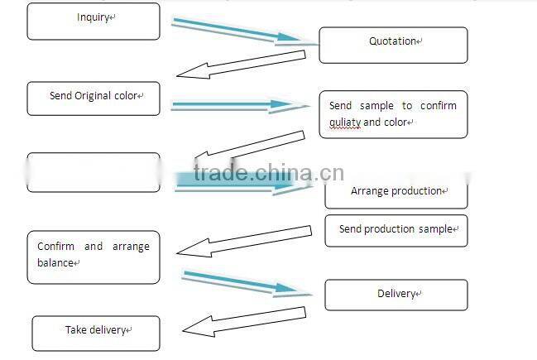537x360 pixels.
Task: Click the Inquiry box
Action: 93,22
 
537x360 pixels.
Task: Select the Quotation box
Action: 393,46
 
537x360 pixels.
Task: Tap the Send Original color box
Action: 93,97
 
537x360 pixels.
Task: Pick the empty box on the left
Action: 93,172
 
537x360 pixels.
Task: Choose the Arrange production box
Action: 396,192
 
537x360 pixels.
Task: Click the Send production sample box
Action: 396,230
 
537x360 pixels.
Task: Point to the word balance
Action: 55,262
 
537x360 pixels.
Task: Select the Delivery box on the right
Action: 396,295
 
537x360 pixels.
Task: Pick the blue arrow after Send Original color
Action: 233,106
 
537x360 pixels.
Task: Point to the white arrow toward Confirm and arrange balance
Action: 248,239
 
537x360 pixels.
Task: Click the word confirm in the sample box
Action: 438,106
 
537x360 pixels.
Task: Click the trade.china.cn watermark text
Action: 268,173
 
